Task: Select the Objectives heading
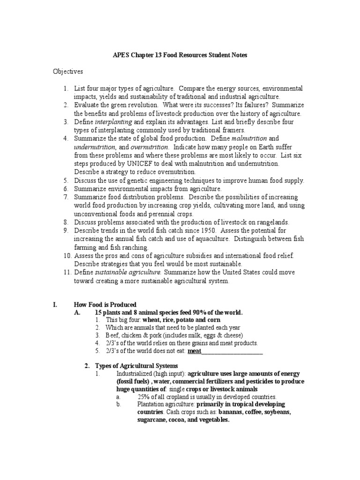click(67, 72)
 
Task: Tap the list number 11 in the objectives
click(66, 272)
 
